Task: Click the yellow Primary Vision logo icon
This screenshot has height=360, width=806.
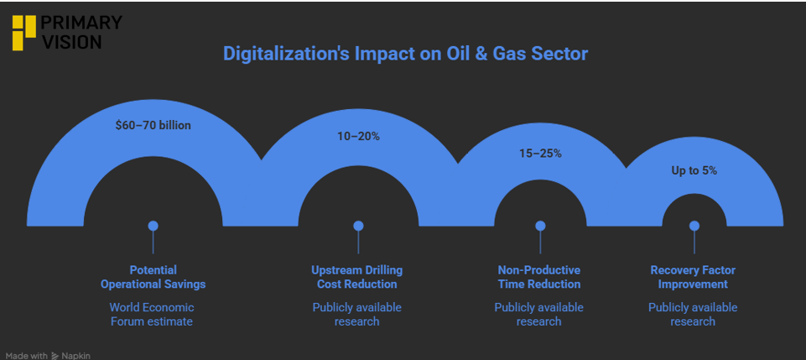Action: click(24, 33)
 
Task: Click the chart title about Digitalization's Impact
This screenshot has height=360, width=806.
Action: click(405, 54)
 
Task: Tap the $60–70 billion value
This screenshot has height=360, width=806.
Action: click(153, 125)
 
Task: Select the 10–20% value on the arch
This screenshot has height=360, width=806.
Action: click(358, 137)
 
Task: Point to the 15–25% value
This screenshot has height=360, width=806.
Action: click(540, 154)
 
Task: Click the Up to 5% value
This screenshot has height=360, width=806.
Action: click(694, 171)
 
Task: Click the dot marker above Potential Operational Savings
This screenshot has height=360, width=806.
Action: click(153, 226)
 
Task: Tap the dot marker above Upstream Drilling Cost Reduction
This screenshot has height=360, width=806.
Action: click(358, 226)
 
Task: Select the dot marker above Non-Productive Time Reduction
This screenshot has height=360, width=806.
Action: click(540, 226)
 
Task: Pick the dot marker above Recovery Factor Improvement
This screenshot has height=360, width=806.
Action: click(694, 226)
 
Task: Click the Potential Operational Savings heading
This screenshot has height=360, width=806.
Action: click(153, 277)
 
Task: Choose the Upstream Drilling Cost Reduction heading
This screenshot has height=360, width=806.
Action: click(357, 277)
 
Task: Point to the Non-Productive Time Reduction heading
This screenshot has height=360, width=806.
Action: click(539, 277)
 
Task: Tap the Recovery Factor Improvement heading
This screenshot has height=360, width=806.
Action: click(693, 277)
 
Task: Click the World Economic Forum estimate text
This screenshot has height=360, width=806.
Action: click(152, 315)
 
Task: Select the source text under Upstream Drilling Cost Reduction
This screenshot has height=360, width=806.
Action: click(357, 315)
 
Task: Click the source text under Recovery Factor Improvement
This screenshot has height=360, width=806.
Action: click(693, 315)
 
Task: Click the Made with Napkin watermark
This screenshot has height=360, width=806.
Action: click(49, 355)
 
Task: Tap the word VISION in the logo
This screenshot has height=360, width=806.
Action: click(72, 42)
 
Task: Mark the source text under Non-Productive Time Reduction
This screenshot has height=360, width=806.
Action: click(539, 315)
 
